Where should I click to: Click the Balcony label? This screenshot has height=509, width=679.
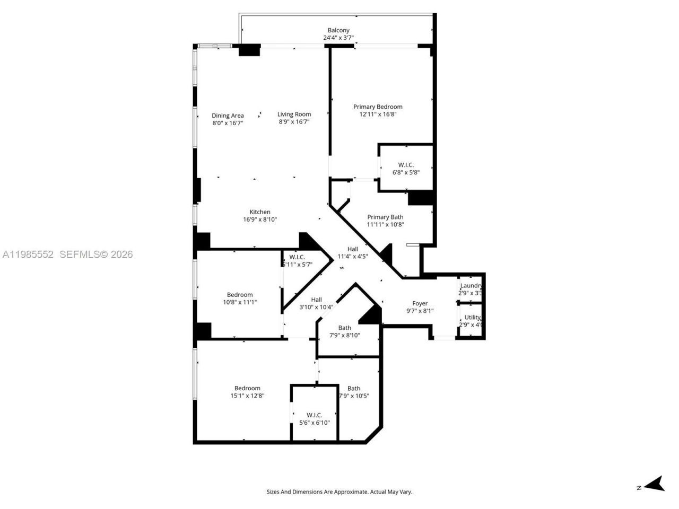pyautogui.click(x=338, y=30)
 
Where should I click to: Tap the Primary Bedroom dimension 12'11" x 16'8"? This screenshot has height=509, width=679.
pyautogui.click(x=378, y=114)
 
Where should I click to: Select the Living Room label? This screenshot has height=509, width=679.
pyautogui.click(x=294, y=114)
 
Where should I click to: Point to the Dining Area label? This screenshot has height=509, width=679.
pyautogui.click(x=228, y=116)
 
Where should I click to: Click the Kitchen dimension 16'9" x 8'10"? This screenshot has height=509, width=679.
pyautogui.click(x=260, y=220)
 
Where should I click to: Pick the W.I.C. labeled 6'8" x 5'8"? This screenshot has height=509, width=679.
pyautogui.click(x=406, y=165)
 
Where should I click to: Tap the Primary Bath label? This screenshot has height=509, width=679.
pyautogui.click(x=385, y=217)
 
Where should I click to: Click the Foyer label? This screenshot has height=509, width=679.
pyautogui.click(x=420, y=304)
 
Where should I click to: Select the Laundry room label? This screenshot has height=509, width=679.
pyautogui.click(x=471, y=286)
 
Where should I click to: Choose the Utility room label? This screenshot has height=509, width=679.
pyautogui.click(x=472, y=317)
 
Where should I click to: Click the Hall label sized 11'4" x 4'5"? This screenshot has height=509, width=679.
pyautogui.click(x=353, y=249)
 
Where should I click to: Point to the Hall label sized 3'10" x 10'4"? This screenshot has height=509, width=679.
pyautogui.click(x=316, y=300)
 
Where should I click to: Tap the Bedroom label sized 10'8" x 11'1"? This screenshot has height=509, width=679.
pyautogui.click(x=240, y=295)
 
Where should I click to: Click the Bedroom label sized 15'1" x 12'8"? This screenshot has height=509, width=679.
pyautogui.click(x=247, y=388)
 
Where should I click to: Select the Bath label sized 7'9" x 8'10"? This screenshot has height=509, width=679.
pyautogui.click(x=345, y=328)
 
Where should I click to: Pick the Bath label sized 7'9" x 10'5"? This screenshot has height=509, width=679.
pyautogui.click(x=354, y=388)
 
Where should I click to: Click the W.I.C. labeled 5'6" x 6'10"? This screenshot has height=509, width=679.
pyautogui.click(x=314, y=415)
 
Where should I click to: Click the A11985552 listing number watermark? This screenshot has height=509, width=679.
pyautogui.click(x=28, y=254)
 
